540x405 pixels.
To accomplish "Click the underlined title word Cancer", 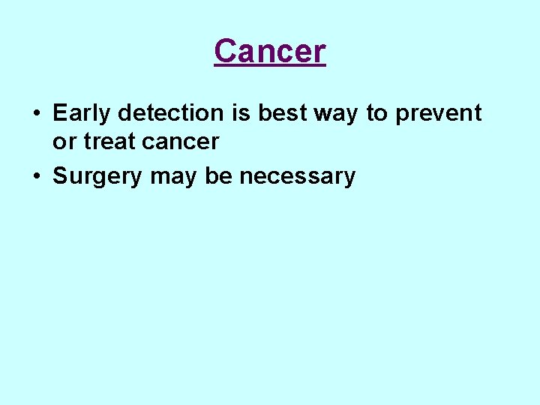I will tap(270, 52).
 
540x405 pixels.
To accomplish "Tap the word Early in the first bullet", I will tap(82, 113).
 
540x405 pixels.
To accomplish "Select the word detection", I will tap(170, 113).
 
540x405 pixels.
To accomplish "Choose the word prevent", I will tap(438, 114).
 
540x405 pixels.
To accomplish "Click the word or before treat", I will tap(62, 142).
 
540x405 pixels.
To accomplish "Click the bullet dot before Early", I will tap(36, 114).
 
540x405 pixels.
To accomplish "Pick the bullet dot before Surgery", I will tap(36, 177).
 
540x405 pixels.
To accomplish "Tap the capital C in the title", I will tap(224, 52).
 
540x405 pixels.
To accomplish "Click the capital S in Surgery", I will tap(60, 176).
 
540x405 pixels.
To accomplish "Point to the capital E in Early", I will tap(59, 113).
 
